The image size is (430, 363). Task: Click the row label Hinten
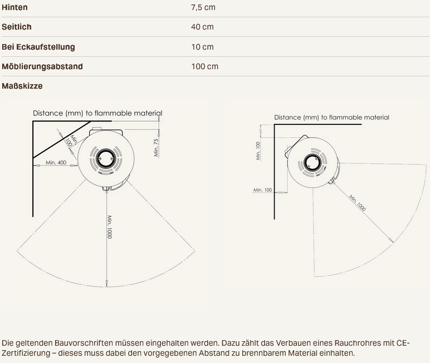point(14,7)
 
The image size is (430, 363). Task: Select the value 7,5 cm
point(203,7)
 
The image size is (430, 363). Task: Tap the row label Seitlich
point(17,27)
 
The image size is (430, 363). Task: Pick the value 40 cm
point(202,27)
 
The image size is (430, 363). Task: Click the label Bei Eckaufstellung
point(38,47)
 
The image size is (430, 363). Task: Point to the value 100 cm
point(204,66)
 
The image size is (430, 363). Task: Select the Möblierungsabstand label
point(42,66)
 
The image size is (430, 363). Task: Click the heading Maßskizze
point(22,86)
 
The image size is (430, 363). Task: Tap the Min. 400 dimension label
point(56,163)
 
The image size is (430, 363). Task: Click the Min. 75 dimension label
point(156,148)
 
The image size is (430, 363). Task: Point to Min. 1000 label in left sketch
point(110,227)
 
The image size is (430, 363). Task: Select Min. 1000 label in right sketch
point(358,203)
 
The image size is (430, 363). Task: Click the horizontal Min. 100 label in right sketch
point(262,190)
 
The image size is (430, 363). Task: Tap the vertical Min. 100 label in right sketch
point(258,151)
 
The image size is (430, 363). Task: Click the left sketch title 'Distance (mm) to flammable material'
point(97,113)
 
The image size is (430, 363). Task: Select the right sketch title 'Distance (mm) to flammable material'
point(331,118)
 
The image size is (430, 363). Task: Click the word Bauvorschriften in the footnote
point(84,343)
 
